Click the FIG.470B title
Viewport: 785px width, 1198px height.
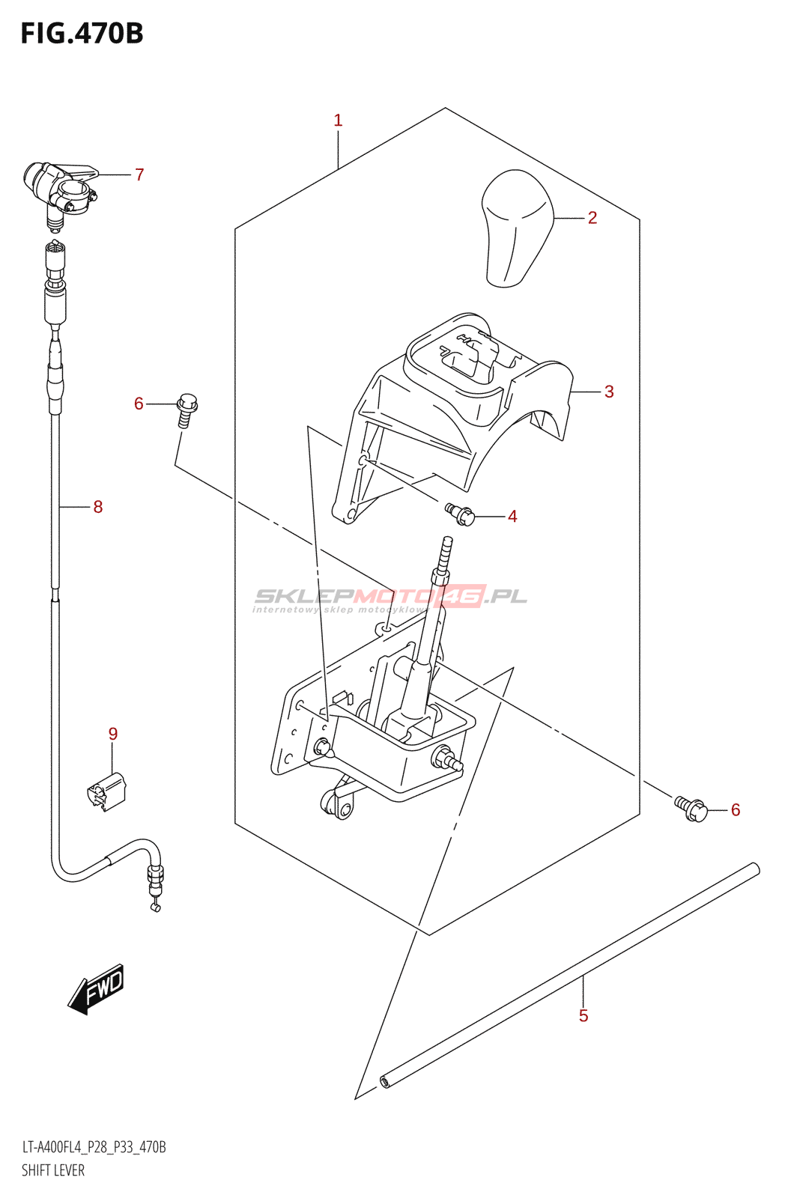(x=82, y=34)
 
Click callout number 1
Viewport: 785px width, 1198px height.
(x=338, y=120)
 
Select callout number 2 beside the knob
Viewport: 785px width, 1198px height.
(x=592, y=218)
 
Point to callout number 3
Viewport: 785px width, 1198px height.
(x=609, y=392)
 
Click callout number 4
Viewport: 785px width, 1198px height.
(x=512, y=517)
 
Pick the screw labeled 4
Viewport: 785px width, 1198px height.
(x=461, y=514)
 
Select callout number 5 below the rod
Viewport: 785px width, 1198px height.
(x=584, y=1016)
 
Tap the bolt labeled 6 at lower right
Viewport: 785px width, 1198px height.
(x=692, y=809)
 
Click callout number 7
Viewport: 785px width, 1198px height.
(x=139, y=174)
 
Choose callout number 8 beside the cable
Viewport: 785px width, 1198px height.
(x=98, y=507)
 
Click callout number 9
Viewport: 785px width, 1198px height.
(x=113, y=734)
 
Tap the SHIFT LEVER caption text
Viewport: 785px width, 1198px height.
(x=53, y=1170)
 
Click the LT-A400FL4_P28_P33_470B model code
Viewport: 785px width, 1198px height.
(x=94, y=1147)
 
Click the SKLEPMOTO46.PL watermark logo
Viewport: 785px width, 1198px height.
(x=390, y=598)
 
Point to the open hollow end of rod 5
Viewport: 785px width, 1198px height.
(x=385, y=1081)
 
